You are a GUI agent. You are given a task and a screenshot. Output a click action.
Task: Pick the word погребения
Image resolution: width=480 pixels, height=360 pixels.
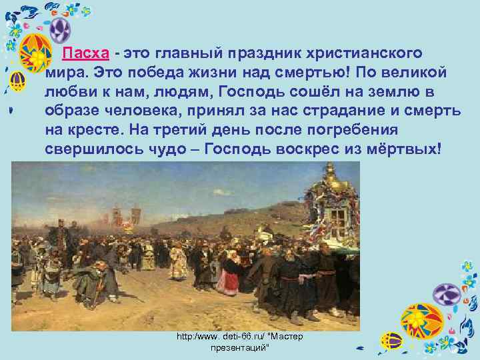379,129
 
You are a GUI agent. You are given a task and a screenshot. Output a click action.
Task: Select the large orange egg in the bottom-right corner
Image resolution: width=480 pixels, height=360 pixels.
421,323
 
